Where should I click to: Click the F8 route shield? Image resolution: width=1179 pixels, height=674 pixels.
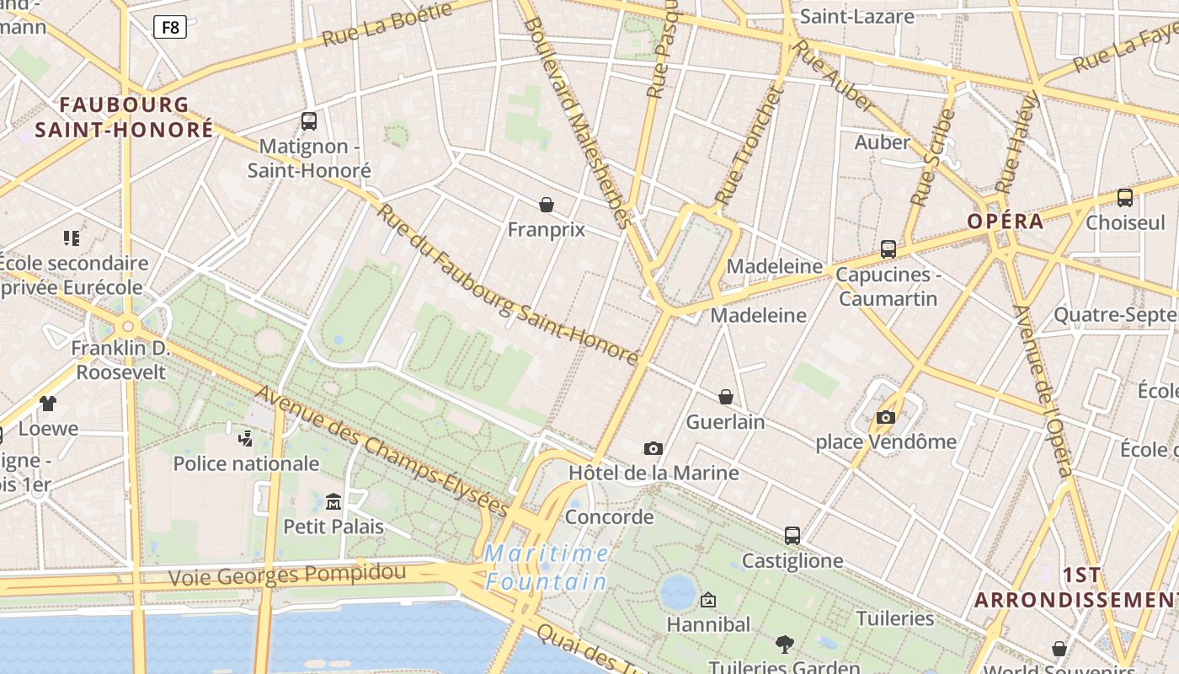(x=170, y=27)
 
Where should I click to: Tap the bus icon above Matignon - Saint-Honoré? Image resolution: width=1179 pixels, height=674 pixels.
(x=309, y=121)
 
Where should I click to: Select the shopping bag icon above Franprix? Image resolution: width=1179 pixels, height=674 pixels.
(x=547, y=205)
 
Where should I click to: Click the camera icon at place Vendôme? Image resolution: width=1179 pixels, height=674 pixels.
(x=885, y=417)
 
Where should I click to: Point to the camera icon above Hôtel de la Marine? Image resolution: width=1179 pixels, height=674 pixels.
(x=653, y=448)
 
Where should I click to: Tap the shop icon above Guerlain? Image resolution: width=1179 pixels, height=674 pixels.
(x=725, y=397)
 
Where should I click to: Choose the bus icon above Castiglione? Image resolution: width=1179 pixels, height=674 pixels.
(x=792, y=536)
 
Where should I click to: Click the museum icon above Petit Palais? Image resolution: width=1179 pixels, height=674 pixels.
(x=333, y=502)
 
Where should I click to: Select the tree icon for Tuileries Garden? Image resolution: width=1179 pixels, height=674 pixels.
(x=784, y=645)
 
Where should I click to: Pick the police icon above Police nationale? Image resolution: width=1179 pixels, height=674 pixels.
(x=245, y=438)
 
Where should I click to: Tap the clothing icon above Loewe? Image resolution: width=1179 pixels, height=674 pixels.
(x=48, y=404)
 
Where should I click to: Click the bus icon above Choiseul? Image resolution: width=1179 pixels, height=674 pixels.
(x=1124, y=198)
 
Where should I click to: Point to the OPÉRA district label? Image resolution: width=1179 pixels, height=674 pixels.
(x=1005, y=222)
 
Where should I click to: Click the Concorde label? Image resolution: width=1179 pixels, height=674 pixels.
(x=609, y=516)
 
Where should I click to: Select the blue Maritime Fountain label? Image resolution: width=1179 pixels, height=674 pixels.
(x=547, y=568)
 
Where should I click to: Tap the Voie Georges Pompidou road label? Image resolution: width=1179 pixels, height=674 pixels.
(x=287, y=575)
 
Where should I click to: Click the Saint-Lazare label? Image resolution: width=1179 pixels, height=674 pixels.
(x=856, y=16)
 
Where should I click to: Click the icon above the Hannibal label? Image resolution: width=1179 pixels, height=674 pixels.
(x=708, y=600)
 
